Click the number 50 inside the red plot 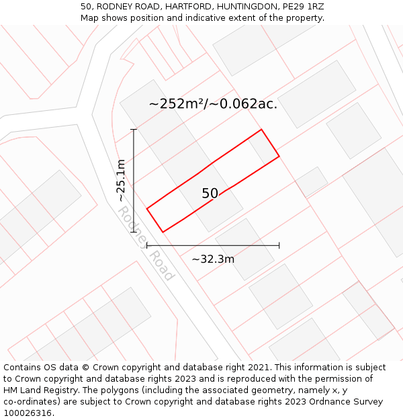tap(210, 194)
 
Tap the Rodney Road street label tap(146, 243)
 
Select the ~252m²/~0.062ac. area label tap(213, 103)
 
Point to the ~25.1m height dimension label tap(121, 180)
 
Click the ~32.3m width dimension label tap(213, 259)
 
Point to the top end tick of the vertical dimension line tap(134, 129)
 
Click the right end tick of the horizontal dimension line tap(279, 246)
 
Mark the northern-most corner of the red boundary tap(261, 130)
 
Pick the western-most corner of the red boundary tap(147, 208)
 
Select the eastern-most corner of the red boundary tap(279, 157)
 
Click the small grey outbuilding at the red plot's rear tap(263, 147)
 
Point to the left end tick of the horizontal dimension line tap(147, 246)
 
